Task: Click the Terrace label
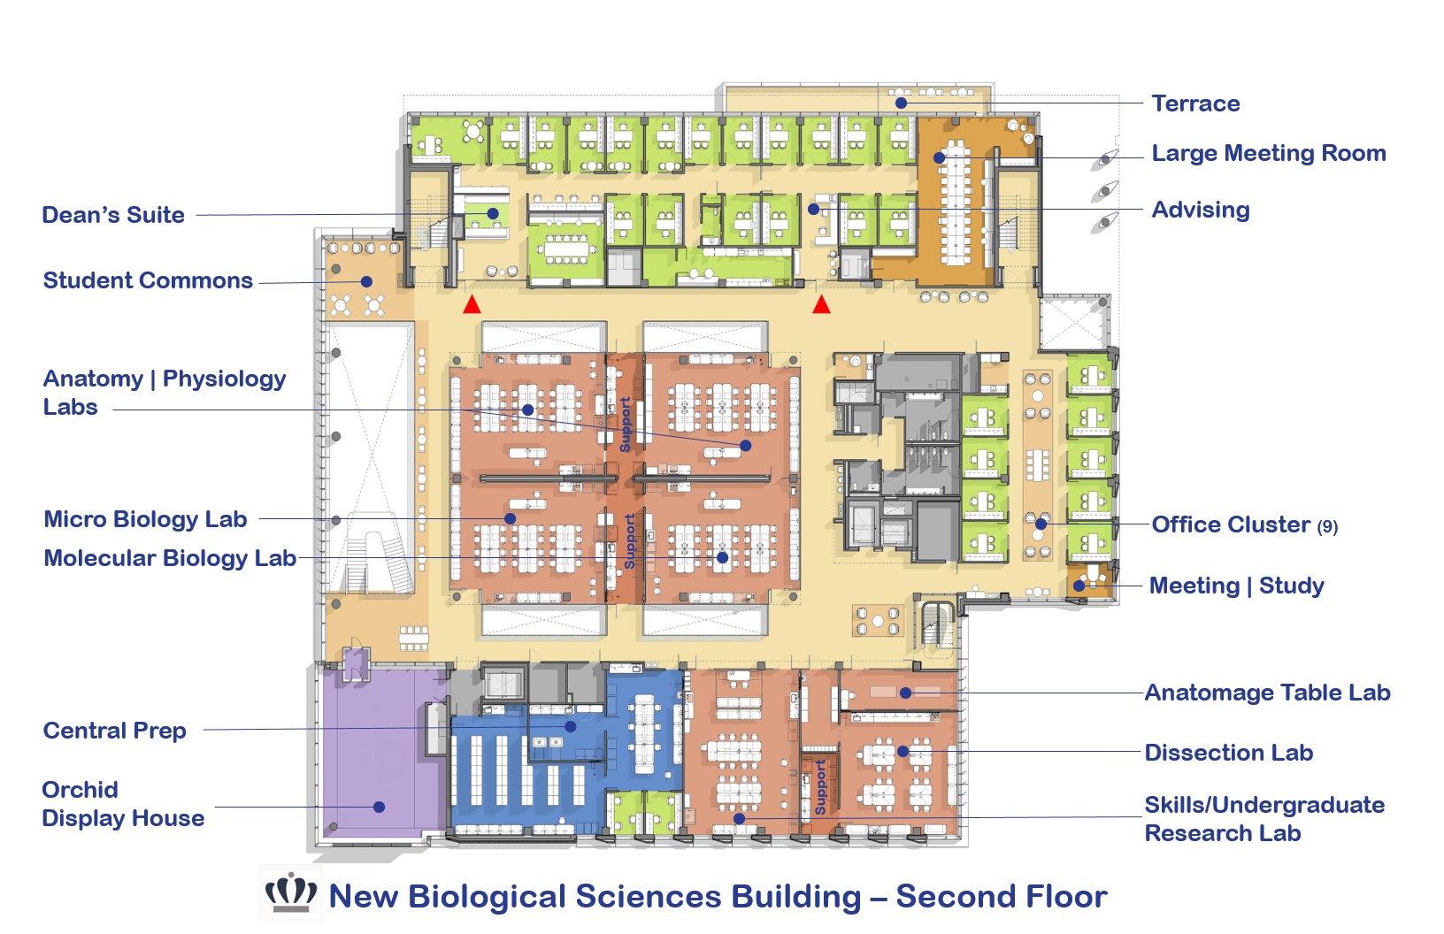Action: pyautogui.click(x=1195, y=103)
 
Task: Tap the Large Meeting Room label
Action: pyautogui.click(x=1268, y=153)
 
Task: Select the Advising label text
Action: pyautogui.click(x=1201, y=210)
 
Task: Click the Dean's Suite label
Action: pyautogui.click(x=113, y=215)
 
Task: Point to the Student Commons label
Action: pyautogui.click(x=148, y=280)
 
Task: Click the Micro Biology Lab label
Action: pyautogui.click(x=145, y=519)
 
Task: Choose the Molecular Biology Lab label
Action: pyautogui.click(x=170, y=558)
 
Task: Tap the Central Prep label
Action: pyautogui.click(x=114, y=731)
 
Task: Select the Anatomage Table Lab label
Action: pyautogui.click(x=1267, y=693)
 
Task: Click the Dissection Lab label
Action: pyautogui.click(x=1228, y=753)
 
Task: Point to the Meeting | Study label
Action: pyautogui.click(x=1236, y=586)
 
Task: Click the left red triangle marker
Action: pyautogui.click(x=472, y=305)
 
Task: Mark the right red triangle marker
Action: pyautogui.click(x=821, y=305)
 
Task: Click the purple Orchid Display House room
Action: pyautogui.click(x=380, y=752)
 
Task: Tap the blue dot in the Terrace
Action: pyautogui.click(x=901, y=103)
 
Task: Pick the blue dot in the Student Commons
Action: pyautogui.click(x=366, y=282)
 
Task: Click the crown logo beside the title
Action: pyautogui.click(x=291, y=893)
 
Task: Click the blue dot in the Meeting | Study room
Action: pyautogui.click(x=1079, y=586)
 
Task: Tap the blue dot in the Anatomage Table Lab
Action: pyautogui.click(x=905, y=693)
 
